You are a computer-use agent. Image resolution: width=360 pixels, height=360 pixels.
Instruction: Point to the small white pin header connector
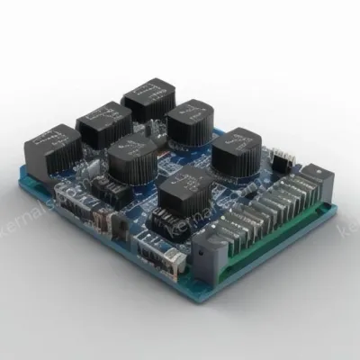pyautogui.click(x=282, y=161)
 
